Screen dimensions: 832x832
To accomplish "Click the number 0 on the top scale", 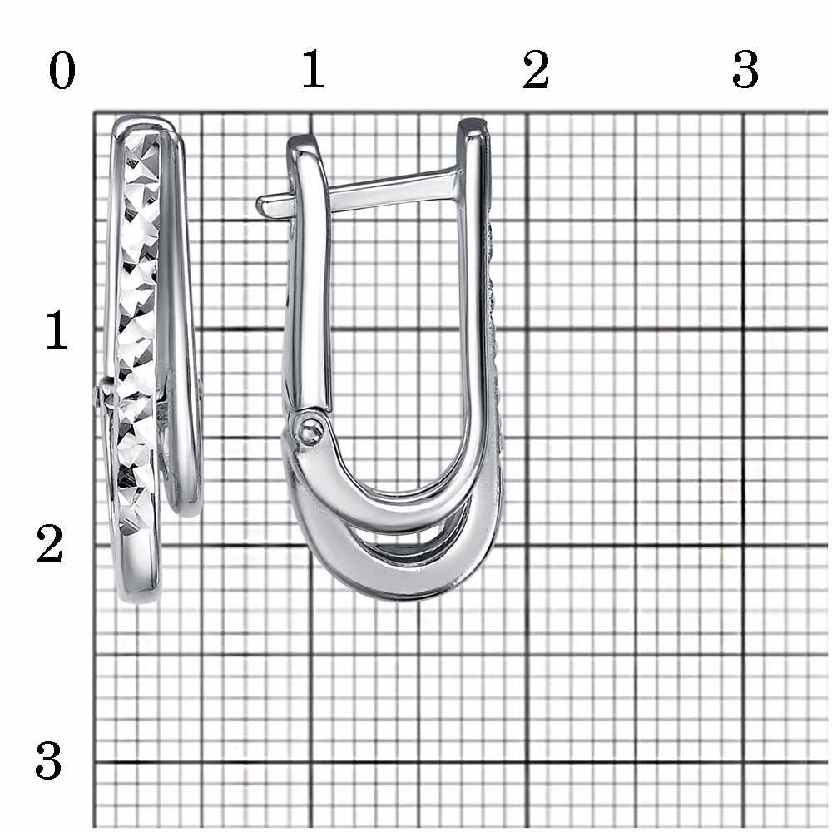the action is coord(62,71).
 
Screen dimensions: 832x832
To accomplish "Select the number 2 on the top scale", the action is coord(535,70).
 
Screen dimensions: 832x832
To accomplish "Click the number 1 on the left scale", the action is coord(57,330).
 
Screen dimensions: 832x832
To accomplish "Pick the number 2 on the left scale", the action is coord(49,544).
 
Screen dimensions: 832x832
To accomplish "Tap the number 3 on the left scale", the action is coord(48,760).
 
